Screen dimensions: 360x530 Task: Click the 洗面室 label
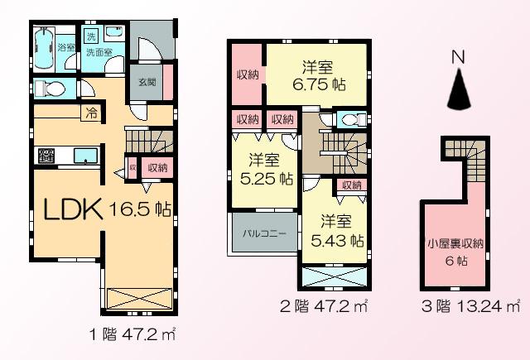point(100,52)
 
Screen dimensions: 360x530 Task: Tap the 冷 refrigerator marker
point(87,113)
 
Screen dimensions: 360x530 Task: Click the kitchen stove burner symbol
point(46,156)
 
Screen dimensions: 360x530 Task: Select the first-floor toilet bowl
point(50,89)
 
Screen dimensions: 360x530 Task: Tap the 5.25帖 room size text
point(267,177)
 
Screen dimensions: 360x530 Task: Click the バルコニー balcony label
point(264,234)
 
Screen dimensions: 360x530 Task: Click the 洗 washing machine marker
point(91,35)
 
